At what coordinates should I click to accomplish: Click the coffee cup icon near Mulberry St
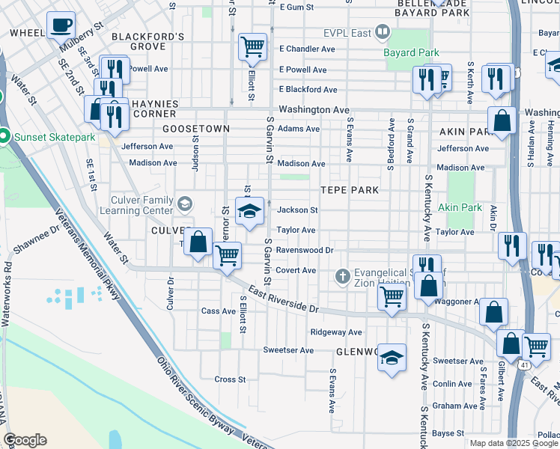pyautogui.click(x=61, y=25)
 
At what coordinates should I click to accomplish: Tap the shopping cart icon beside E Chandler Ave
pyautogui.click(x=252, y=46)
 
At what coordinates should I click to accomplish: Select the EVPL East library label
pyautogui.click(x=349, y=32)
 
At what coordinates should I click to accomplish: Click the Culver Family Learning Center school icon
pyautogui.click(x=184, y=202)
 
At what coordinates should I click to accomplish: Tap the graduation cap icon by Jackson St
pyautogui.click(x=250, y=211)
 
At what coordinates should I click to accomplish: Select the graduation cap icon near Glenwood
pyautogui.click(x=392, y=358)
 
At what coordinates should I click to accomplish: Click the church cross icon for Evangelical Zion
pyautogui.click(x=343, y=277)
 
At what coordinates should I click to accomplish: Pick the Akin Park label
pyautogui.click(x=459, y=207)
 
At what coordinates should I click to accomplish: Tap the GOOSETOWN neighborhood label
pyautogui.click(x=196, y=129)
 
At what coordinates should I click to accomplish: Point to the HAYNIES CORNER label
pyautogui.click(x=153, y=109)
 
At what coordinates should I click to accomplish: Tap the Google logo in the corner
pyautogui.click(x=25, y=440)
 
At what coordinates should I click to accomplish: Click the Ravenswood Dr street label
pyautogui.click(x=305, y=250)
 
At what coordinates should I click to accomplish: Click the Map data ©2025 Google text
pyautogui.click(x=513, y=443)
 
